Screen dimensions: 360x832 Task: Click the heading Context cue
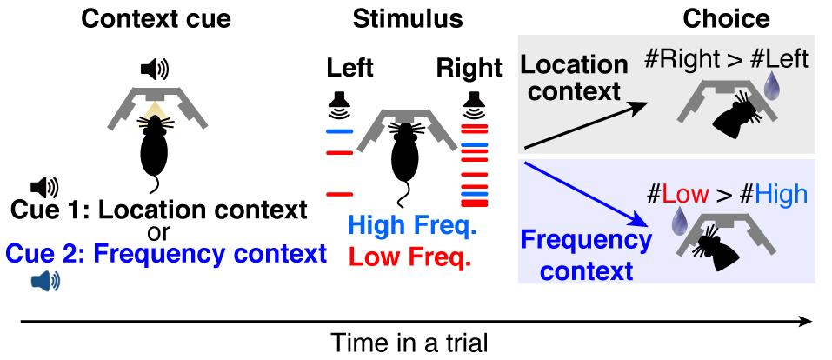pos(156,19)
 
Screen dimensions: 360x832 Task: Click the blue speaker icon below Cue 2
pos(44,279)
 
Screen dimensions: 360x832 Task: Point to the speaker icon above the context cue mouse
pos(156,68)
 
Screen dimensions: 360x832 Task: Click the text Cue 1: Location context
pos(158,210)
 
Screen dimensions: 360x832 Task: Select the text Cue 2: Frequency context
pos(166,254)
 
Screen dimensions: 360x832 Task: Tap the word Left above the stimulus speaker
pos(349,68)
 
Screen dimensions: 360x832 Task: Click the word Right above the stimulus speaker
pos(470,68)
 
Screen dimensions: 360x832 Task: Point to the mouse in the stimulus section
pos(402,157)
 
